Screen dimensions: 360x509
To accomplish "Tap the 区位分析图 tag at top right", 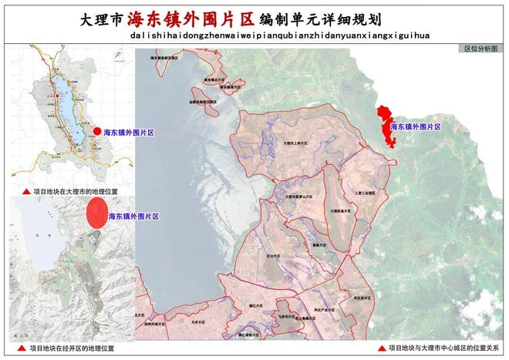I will (x=482, y=48).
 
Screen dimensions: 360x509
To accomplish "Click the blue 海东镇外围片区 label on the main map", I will (x=415, y=126).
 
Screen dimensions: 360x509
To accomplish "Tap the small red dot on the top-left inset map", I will (x=96, y=133).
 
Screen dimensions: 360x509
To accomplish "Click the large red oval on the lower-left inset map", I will (x=96, y=213).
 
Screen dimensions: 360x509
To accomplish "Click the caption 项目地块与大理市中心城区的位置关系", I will (x=447, y=348).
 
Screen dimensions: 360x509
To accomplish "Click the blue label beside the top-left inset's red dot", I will (x=129, y=133).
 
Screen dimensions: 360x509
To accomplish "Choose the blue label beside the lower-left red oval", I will (x=134, y=217).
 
